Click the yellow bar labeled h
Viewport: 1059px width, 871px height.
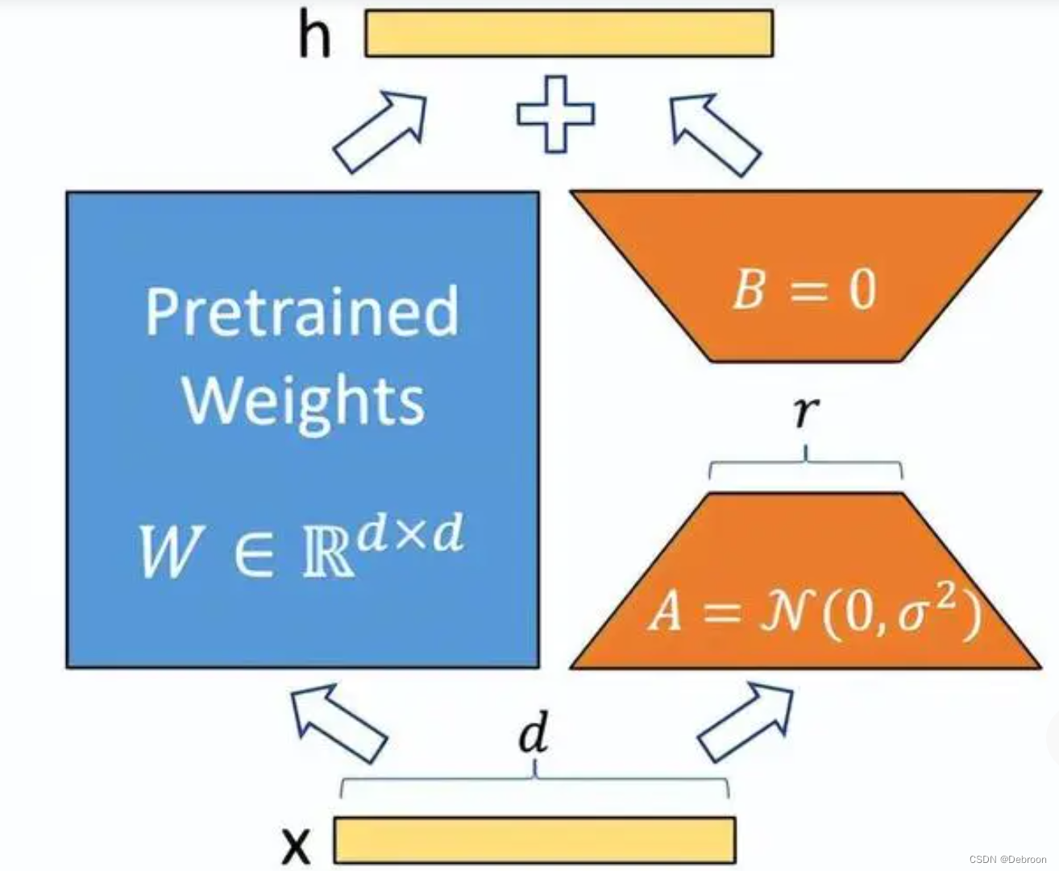[569, 33]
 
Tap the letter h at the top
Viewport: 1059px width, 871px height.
[314, 37]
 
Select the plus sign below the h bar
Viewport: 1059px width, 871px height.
[555, 114]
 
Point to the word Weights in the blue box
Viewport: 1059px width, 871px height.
[303, 400]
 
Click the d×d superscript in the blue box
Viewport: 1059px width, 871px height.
[410, 534]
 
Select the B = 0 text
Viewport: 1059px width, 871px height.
[804, 289]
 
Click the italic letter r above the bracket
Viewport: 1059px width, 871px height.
[805, 412]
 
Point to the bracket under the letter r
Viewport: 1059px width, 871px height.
[805, 467]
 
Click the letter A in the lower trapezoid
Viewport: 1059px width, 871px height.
[666, 612]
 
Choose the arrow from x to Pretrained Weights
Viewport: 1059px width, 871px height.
[338, 722]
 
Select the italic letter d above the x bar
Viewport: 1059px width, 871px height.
[534, 734]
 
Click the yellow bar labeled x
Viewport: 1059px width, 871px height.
[534, 840]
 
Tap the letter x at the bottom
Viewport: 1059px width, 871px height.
[297, 845]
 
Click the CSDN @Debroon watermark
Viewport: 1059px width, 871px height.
[1007, 859]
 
